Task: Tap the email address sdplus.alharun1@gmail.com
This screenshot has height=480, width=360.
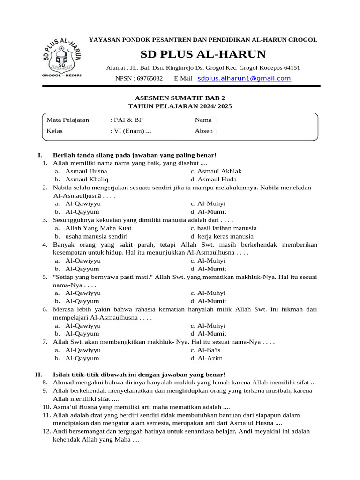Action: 244,78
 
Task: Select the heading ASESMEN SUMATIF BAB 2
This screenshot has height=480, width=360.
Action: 180,98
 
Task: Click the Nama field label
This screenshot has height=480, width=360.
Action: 203,120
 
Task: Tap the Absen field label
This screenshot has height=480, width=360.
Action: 204,131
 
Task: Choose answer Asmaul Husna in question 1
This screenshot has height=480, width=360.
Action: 86,171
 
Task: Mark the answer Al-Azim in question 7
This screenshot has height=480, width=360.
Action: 210,358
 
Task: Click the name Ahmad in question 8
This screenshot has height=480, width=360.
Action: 63,382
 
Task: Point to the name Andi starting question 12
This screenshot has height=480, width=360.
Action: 60,432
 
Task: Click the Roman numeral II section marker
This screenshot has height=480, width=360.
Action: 39,374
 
